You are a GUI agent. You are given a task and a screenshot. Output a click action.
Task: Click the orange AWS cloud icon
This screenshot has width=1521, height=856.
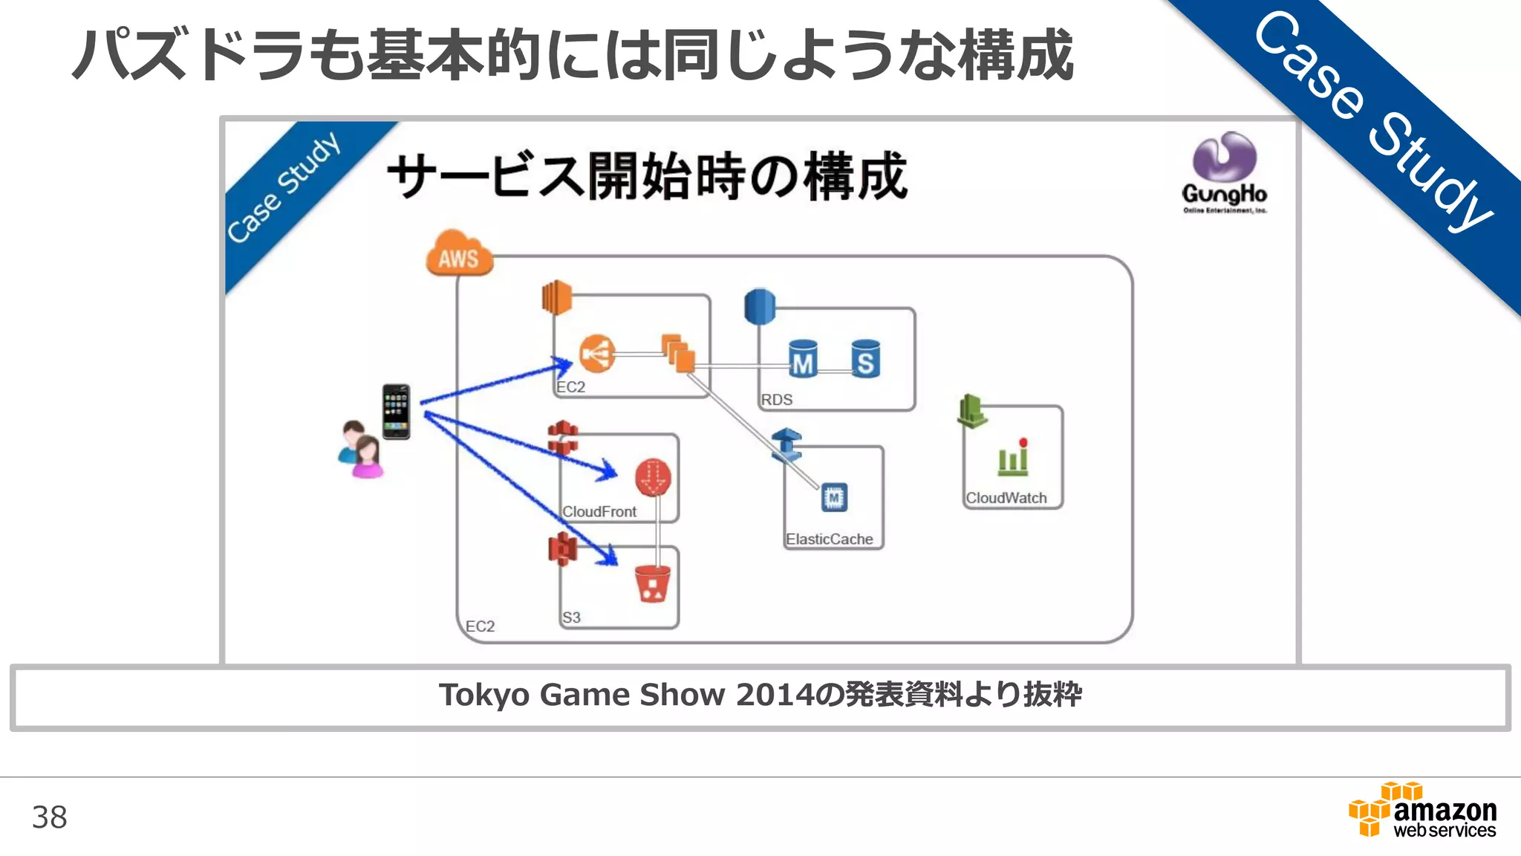click(459, 254)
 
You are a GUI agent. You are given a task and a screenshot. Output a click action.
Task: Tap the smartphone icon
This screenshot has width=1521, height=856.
click(396, 411)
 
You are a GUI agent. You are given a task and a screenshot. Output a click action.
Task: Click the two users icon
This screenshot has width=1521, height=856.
click(361, 450)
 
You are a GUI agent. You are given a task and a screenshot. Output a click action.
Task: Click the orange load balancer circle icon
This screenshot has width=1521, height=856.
click(597, 354)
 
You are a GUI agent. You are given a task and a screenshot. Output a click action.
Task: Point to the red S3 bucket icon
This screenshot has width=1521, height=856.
click(653, 583)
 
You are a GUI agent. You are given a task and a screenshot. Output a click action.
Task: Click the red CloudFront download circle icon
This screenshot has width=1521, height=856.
click(653, 478)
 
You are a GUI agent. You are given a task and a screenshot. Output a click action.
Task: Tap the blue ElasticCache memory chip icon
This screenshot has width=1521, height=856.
click(834, 497)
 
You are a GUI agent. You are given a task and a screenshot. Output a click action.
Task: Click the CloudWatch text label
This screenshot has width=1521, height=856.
click(1006, 498)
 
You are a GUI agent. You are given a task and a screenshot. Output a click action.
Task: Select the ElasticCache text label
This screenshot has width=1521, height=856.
click(829, 539)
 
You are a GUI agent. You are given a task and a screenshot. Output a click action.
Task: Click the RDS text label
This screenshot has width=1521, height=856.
click(776, 400)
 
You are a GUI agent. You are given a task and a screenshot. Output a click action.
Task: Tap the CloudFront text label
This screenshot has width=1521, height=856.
click(599, 511)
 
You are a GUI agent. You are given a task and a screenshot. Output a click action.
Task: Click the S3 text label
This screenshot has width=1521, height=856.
click(570, 617)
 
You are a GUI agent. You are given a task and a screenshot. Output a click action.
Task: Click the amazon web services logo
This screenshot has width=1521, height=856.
click(1422, 811)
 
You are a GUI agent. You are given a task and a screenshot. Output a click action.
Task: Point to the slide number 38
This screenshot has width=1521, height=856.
click(49, 817)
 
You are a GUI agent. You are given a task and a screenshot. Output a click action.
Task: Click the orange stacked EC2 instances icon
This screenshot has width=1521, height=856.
click(679, 353)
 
